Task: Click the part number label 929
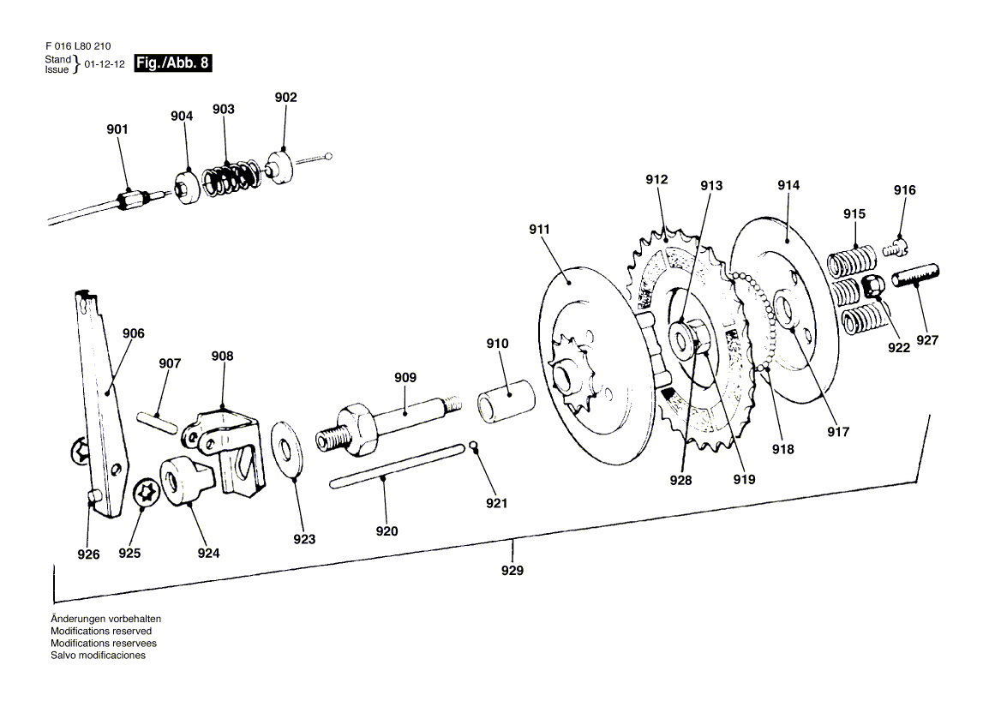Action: [512, 571]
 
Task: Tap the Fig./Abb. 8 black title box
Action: [172, 63]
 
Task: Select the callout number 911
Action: [539, 229]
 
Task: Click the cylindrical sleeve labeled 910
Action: [506, 401]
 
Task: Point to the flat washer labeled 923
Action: [286, 448]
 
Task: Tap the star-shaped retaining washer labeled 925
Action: [147, 496]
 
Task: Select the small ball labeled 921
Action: [473, 446]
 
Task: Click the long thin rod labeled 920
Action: [397, 465]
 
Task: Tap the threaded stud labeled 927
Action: [914, 276]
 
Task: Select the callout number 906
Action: [134, 333]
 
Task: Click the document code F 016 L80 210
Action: [78, 46]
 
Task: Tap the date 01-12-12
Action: [105, 64]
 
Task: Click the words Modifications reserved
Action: [101, 631]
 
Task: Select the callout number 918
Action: [782, 449]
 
